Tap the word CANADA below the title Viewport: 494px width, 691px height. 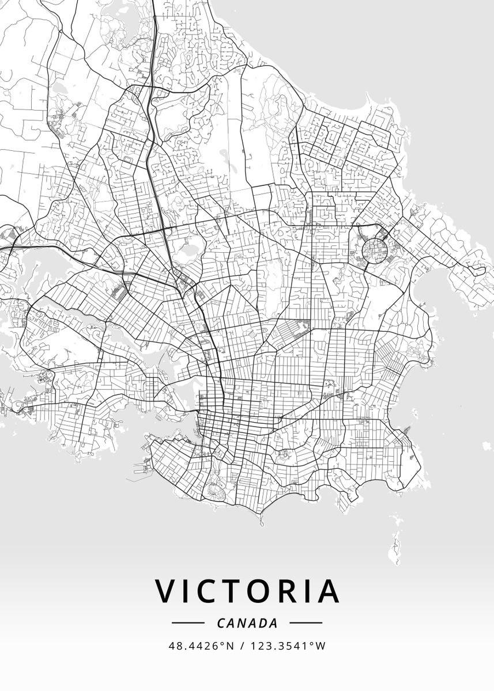pyautogui.click(x=247, y=623)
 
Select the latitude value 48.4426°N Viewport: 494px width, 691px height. pyautogui.click(x=201, y=646)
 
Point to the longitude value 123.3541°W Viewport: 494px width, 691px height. pyautogui.click(x=287, y=646)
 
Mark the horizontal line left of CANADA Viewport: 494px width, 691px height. pyautogui.click(x=188, y=623)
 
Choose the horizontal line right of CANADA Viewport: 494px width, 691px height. pyautogui.click(x=306, y=623)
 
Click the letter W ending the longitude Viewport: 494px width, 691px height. pyautogui.click(x=321, y=646)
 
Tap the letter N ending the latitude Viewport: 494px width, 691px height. pyautogui.click(x=231, y=646)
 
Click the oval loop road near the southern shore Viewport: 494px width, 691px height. pyautogui.click(x=216, y=491)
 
